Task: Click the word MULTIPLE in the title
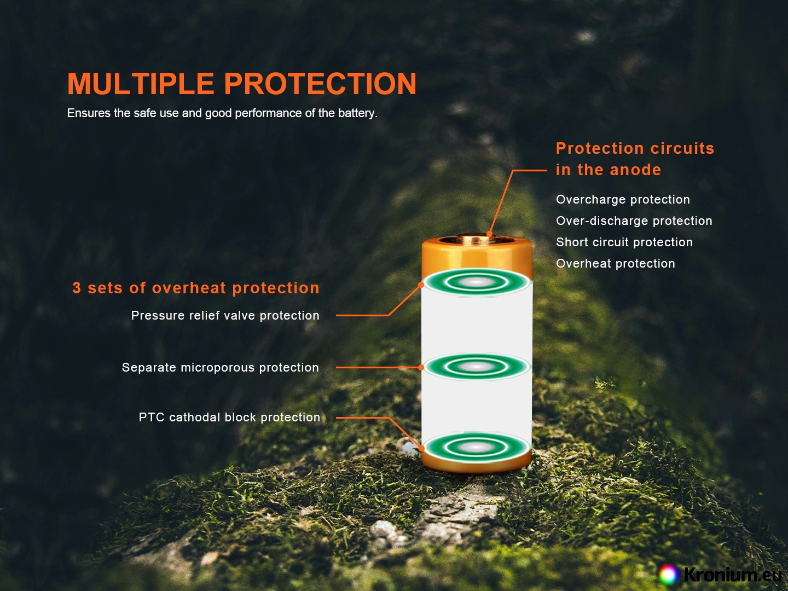pos(141,84)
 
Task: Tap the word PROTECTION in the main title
pos(320,84)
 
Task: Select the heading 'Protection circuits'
pos(635,148)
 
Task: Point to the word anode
pos(635,170)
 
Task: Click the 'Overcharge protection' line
pos(623,200)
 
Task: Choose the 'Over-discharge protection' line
pos(634,221)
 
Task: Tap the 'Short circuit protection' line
pos(624,242)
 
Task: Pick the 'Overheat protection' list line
pos(615,263)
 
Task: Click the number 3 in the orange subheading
pos(77,288)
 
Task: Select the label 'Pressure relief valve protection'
pos(225,315)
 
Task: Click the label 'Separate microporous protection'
pos(220,367)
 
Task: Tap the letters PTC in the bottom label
pos(151,418)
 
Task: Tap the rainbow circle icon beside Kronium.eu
pos(668,574)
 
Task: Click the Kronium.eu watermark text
pos(732,574)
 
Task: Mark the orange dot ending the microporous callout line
pos(421,367)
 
